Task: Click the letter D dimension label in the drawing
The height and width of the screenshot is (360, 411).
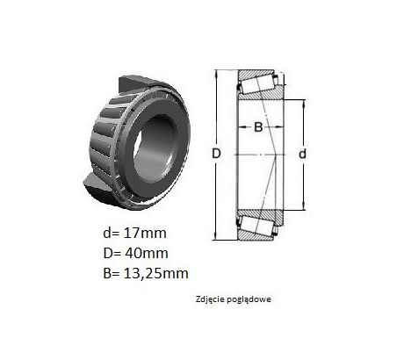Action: click(216, 154)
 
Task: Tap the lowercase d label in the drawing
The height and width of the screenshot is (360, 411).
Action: click(302, 154)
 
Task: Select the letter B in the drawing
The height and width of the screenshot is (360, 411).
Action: click(258, 127)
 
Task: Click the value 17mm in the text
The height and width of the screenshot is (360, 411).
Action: click(145, 234)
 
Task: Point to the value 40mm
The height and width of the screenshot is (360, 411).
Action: click(147, 254)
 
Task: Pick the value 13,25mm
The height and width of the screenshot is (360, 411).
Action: click(155, 274)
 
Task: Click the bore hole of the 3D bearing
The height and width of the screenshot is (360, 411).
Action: click(155, 148)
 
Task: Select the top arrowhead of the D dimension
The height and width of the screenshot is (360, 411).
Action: click(216, 73)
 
